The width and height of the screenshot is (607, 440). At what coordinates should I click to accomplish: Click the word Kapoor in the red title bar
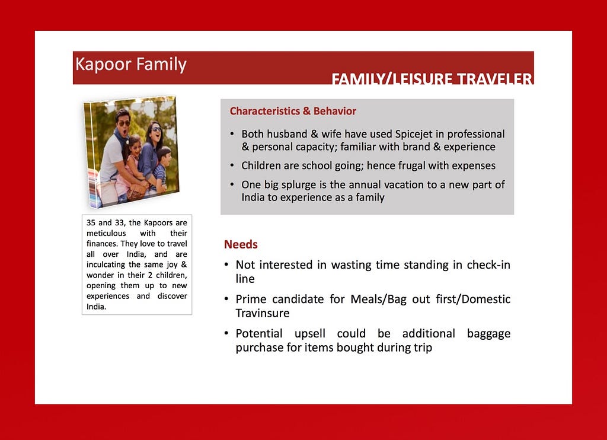click(x=103, y=64)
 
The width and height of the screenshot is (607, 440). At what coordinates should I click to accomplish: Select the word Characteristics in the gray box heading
click(x=265, y=111)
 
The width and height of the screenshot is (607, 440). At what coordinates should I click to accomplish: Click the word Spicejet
click(x=413, y=134)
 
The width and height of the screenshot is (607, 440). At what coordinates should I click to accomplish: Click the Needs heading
click(x=241, y=244)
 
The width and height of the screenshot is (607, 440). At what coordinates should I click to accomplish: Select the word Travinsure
click(x=263, y=313)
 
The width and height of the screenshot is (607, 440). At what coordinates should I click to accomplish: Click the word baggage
click(x=488, y=334)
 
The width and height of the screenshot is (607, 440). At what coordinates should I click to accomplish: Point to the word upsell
click(x=309, y=333)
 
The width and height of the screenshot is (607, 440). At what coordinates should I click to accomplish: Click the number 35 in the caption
click(x=91, y=223)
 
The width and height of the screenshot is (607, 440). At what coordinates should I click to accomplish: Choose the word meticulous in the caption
click(x=106, y=233)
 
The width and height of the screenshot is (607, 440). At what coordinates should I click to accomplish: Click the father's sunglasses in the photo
click(x=124, y=123)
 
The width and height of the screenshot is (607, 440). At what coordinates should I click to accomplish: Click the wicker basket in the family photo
click(x=137, y=192)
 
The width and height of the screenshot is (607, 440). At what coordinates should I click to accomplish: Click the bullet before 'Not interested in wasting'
click(x=226, y=264)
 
